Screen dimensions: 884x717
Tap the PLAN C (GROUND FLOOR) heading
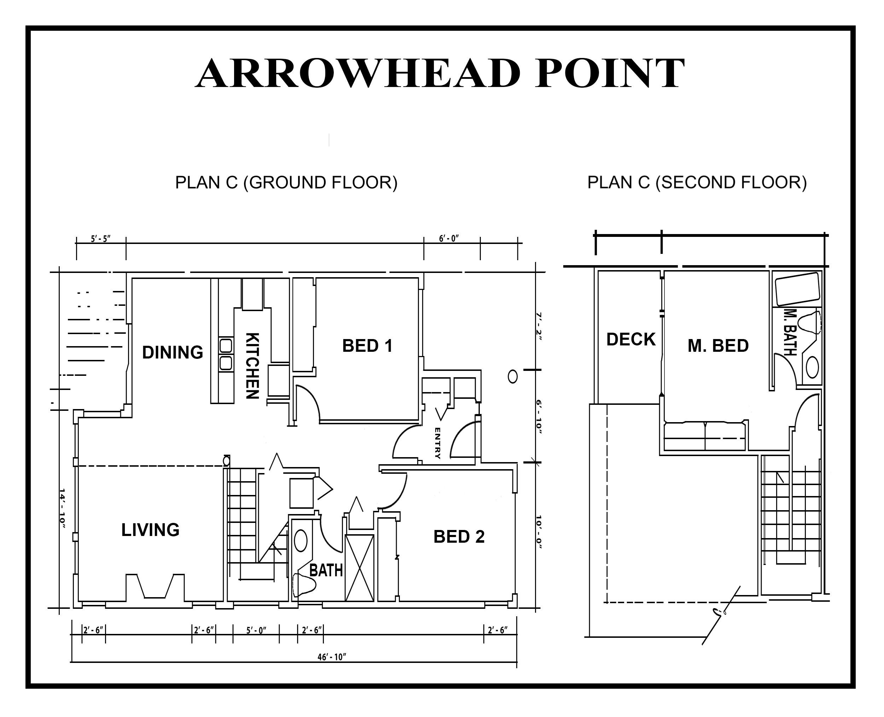pos(286,182)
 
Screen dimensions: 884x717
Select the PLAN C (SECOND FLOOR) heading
pos(697,182)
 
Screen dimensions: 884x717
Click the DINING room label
pos(173,352)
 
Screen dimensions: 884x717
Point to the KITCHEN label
pos(252,366)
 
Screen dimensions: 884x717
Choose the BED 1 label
pos(367,346)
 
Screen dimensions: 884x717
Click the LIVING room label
pos(150,530)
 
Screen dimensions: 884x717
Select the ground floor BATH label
pos(326,570)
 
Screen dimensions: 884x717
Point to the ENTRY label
pos(437,443)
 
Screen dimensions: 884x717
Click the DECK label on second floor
pos(631,339)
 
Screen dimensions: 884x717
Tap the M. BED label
pos(718,346)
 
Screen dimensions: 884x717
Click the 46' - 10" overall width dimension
pos(331,657)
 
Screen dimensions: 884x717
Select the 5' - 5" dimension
pos(101,239)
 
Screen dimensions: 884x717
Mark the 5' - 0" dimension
pos(256,630)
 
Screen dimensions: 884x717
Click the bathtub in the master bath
pos(797,289)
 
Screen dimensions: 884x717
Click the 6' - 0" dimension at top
pos(449,239)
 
